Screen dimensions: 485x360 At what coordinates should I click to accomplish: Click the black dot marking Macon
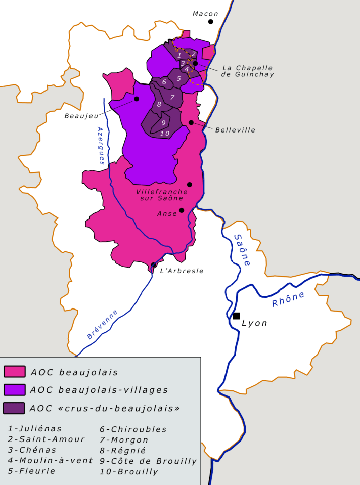[210, 21]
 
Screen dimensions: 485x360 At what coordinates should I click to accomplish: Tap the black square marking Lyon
[236, 316]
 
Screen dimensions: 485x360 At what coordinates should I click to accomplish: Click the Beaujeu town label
[81, 116]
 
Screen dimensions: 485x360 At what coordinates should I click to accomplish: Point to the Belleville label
[235, 130]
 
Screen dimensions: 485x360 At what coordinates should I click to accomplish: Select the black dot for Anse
[182, 210]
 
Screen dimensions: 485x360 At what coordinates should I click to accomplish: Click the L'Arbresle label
[182, 271]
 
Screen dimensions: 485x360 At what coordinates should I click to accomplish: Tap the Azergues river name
[101, 146]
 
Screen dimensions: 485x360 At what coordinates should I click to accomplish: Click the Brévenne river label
[103, 324]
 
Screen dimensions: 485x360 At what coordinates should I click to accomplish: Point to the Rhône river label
[289, 299]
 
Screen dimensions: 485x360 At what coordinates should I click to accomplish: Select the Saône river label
[243, 250]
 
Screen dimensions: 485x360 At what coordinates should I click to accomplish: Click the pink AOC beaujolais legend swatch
[14, 372]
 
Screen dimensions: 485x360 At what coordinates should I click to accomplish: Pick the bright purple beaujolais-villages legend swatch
[14, 389]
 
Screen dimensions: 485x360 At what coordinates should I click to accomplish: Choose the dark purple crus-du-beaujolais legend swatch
[14, 408]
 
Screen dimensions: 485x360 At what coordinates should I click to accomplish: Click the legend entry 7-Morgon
[124, 439]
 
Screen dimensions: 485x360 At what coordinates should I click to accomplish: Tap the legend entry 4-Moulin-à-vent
[51, 460]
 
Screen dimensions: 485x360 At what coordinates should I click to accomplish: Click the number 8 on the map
[159, 104]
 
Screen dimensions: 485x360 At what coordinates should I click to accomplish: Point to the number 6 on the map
[164, 82]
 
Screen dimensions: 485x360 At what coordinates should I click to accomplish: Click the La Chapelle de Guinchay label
[247, 71]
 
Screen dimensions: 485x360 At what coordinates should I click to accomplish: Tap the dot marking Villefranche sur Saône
[190, 185]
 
